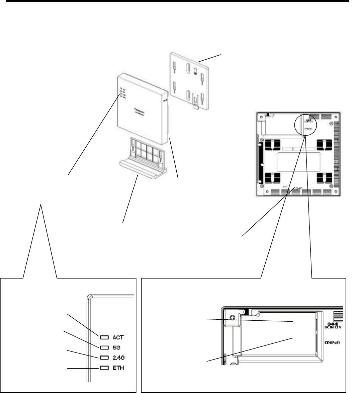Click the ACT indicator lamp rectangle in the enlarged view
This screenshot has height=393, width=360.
click(x=103, y=336)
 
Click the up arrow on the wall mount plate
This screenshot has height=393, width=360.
click(x=195, y=71)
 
